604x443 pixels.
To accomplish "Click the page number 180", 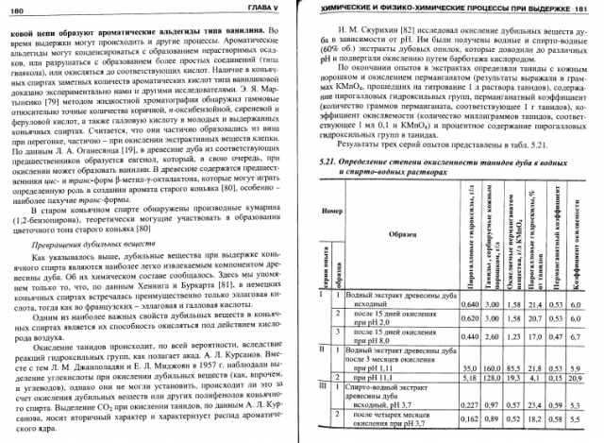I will coord(20,8).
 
